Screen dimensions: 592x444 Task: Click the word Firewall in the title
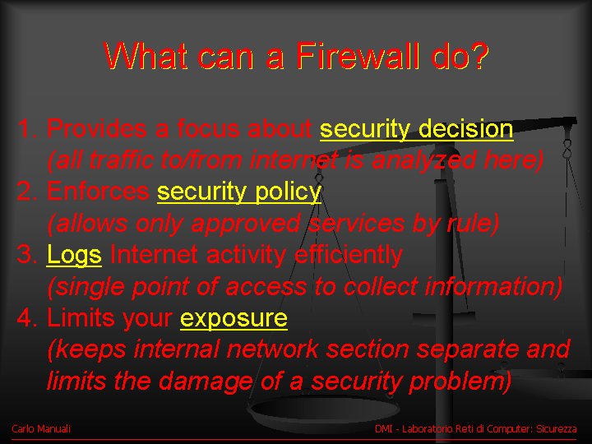(x=357, y=56)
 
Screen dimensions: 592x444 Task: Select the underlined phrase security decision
(x=416, y=130)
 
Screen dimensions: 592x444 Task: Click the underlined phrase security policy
(x=239, y=192)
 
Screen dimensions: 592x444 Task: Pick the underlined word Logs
(x=74, y=256)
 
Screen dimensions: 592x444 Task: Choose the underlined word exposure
(x=234, y=319)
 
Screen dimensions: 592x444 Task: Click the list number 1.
(x=27, y=128)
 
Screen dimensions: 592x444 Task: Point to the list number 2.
(x=27, y=191)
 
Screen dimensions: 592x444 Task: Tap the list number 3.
(x=27, y=254)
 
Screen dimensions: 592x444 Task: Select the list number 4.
(x=27, y=317)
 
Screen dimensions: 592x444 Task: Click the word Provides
(x=97, y=128)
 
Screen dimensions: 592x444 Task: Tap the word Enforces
(x=98, y=191)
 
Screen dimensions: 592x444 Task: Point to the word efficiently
(x=349, y=255)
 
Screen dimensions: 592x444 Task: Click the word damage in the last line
(x=206, y=381)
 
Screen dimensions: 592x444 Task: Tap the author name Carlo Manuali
(x=41, y=429)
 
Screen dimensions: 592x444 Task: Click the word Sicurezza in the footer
(x=557, y=429)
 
